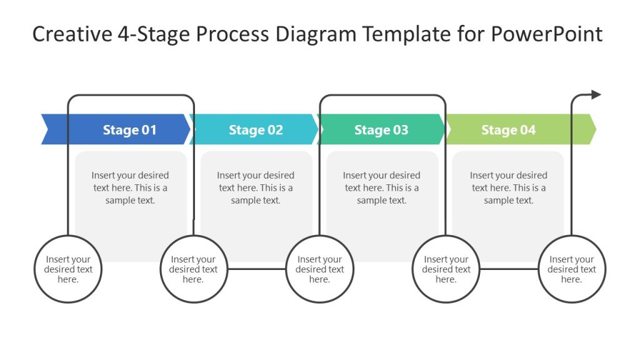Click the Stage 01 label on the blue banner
(129, 130)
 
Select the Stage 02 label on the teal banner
(256, 130)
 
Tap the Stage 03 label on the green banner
(381, 130)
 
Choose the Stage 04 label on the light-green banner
(508, 130)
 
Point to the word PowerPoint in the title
(546, 34)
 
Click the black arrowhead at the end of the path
(596, 95)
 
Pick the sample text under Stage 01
(130, 187)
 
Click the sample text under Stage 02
(256, 187)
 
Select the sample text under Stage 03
(381, 187)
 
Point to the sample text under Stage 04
(508, 187)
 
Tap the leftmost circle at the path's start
(67, 269)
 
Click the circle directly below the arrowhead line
(571, 269)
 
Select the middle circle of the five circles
(319, 269)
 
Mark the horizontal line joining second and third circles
(256, 269)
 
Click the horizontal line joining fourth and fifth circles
(508, 269)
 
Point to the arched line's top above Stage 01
(131, 96)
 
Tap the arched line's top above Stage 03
(382, 96)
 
